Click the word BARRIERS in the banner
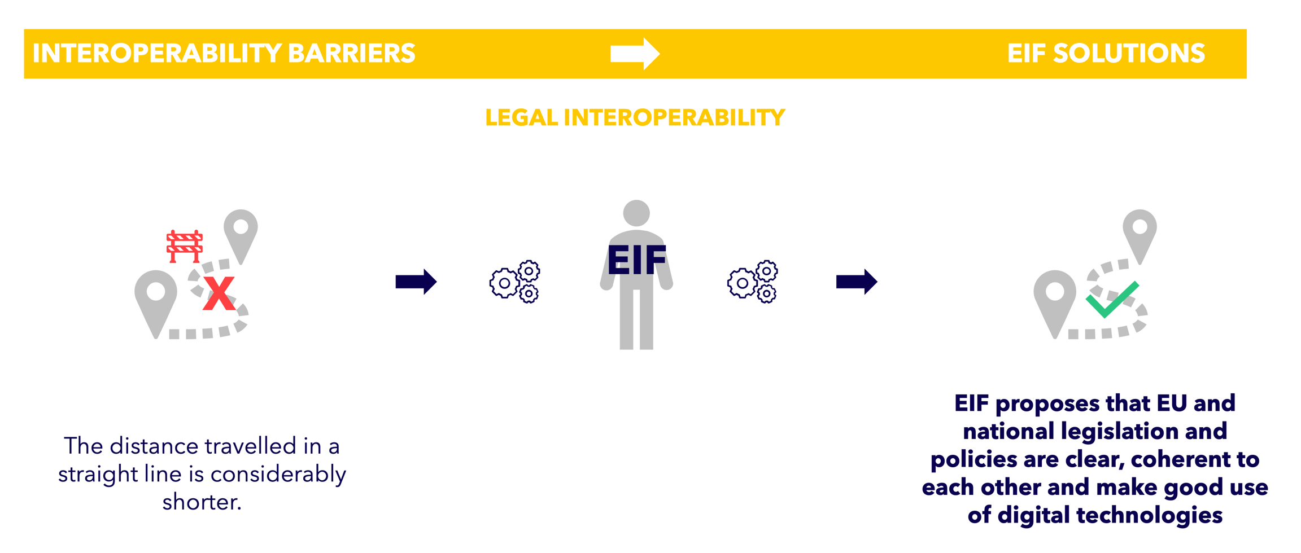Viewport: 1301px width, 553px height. pyautogui.click(x=351, y=54)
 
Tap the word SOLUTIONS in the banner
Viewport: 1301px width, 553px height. pyautogui.click(x=1129, y=54)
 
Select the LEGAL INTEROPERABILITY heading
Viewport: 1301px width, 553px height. pyautogui.click(x=635, y=117)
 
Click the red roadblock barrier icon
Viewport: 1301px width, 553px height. pyautogui.click(x=185, y=246)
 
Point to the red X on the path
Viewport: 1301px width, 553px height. pyautogui.click(x=219, y=293)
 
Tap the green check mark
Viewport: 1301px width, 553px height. pyautogui.click(x=1111, y=299)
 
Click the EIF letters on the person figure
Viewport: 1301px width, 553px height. pyautogui.click(x=636, y=260)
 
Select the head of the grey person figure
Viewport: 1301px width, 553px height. pyautogui.click(x=636, y=213)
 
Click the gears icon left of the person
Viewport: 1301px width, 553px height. pyautogui.click(x=514, y=282)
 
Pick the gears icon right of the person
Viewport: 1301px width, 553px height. pyautogui.click(x=752, y=282)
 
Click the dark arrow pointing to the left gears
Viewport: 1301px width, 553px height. pyautogui.click(x=416, y=282)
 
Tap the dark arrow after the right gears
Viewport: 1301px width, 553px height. pyautogui.click(x=857, y=282)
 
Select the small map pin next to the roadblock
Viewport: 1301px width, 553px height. pyautogui.click(x=241, y=231)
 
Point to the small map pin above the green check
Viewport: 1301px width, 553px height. pyautogui.click(x=1140, y=231)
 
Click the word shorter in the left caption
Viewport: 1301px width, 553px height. pyautogui.click(x=202, y=502)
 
